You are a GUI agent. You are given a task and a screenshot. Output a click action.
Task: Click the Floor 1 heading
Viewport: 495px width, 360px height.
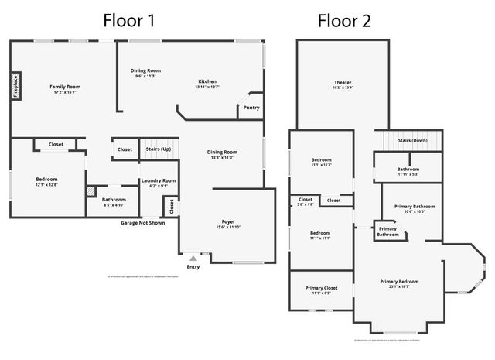pyautogui.click(x=129, y=21)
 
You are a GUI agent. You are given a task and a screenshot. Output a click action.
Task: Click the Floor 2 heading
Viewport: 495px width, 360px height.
pyautogui.click(x=345, y=21)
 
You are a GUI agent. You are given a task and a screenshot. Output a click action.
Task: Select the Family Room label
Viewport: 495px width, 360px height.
pyautogui.click(x=65, y=87)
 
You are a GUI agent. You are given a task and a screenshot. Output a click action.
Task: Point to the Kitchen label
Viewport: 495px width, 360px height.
pyautogui.click(x=207, y=81)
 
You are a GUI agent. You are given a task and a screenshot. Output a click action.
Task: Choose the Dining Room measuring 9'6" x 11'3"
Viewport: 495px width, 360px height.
pyautogui.click(x=145, y=70)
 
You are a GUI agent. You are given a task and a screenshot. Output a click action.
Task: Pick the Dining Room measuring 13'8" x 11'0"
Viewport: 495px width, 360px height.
pyautogui.click(x=222, y=153)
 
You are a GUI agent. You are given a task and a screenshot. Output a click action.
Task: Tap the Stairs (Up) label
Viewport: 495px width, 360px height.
pyautogui.click(x=158, y=149)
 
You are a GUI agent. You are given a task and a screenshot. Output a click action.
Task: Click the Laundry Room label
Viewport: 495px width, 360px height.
pyautogui.click(x=159, y=180)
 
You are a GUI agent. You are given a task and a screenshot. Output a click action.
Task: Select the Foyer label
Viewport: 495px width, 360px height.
pyautogui.click(x=228, y=221)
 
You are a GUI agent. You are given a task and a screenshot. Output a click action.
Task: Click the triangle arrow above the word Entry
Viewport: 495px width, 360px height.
pyautogui.click(x=193, y=258)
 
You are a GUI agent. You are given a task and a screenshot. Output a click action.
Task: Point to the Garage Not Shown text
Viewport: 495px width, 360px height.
pyautogui.click(x=142, y=223)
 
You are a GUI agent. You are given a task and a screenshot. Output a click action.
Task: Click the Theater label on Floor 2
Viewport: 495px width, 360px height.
pyautogui.click(x=343, y=82)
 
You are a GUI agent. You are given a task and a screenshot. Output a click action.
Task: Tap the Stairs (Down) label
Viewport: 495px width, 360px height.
pyautogui.click(x=412, y=141)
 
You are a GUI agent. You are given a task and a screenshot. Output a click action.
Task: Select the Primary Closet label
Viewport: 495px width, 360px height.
pyautogui.click(x=321, y=287)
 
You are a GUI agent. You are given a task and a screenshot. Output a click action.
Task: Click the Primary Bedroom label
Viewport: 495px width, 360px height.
pyautogui.click(x=399, y=281)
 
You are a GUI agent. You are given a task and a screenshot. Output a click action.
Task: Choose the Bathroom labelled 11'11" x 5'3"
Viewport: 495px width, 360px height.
pyautogui.click(x=408, y=169)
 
